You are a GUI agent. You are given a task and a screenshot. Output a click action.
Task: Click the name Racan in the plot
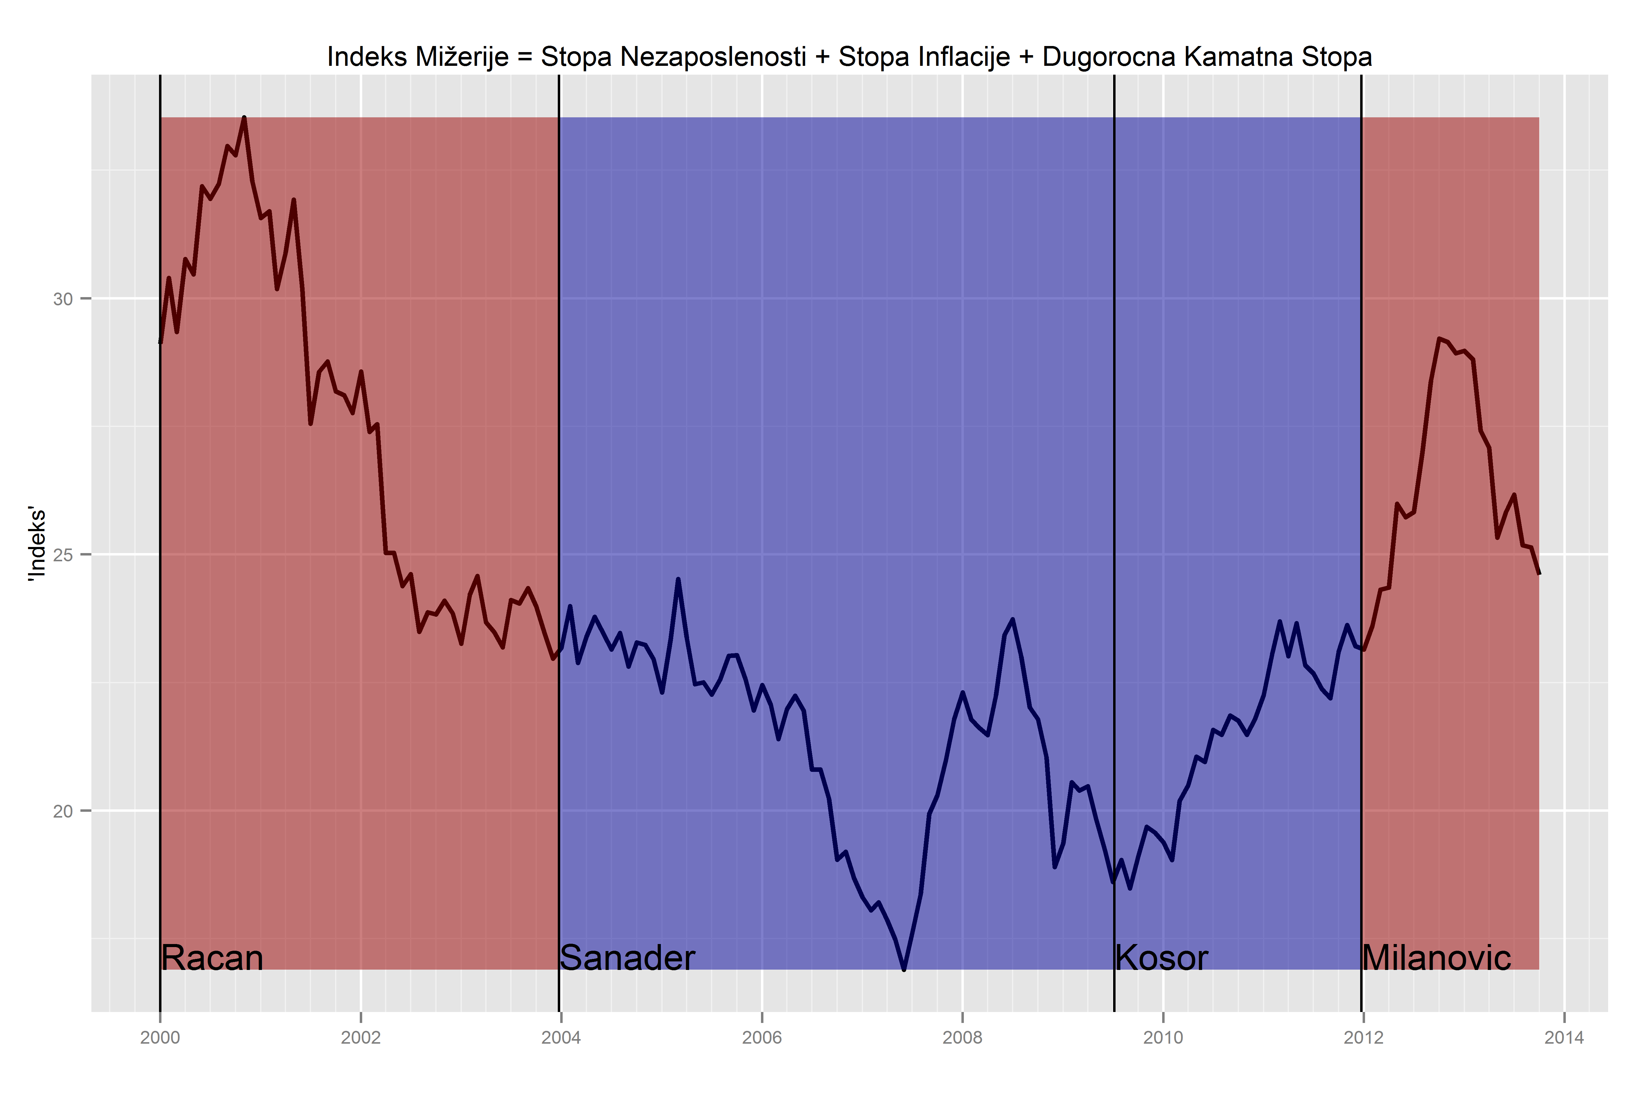tap(212, 958)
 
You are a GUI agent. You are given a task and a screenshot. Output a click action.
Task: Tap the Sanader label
tap(627, 958)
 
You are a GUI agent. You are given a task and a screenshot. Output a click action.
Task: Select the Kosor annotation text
tap(1161, 958)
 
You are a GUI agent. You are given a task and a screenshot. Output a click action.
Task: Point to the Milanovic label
tap(1437, 958)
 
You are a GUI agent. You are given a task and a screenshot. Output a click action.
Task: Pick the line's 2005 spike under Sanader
tap(678, 579)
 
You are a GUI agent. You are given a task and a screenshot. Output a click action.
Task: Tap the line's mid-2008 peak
tap(1013, 619)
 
